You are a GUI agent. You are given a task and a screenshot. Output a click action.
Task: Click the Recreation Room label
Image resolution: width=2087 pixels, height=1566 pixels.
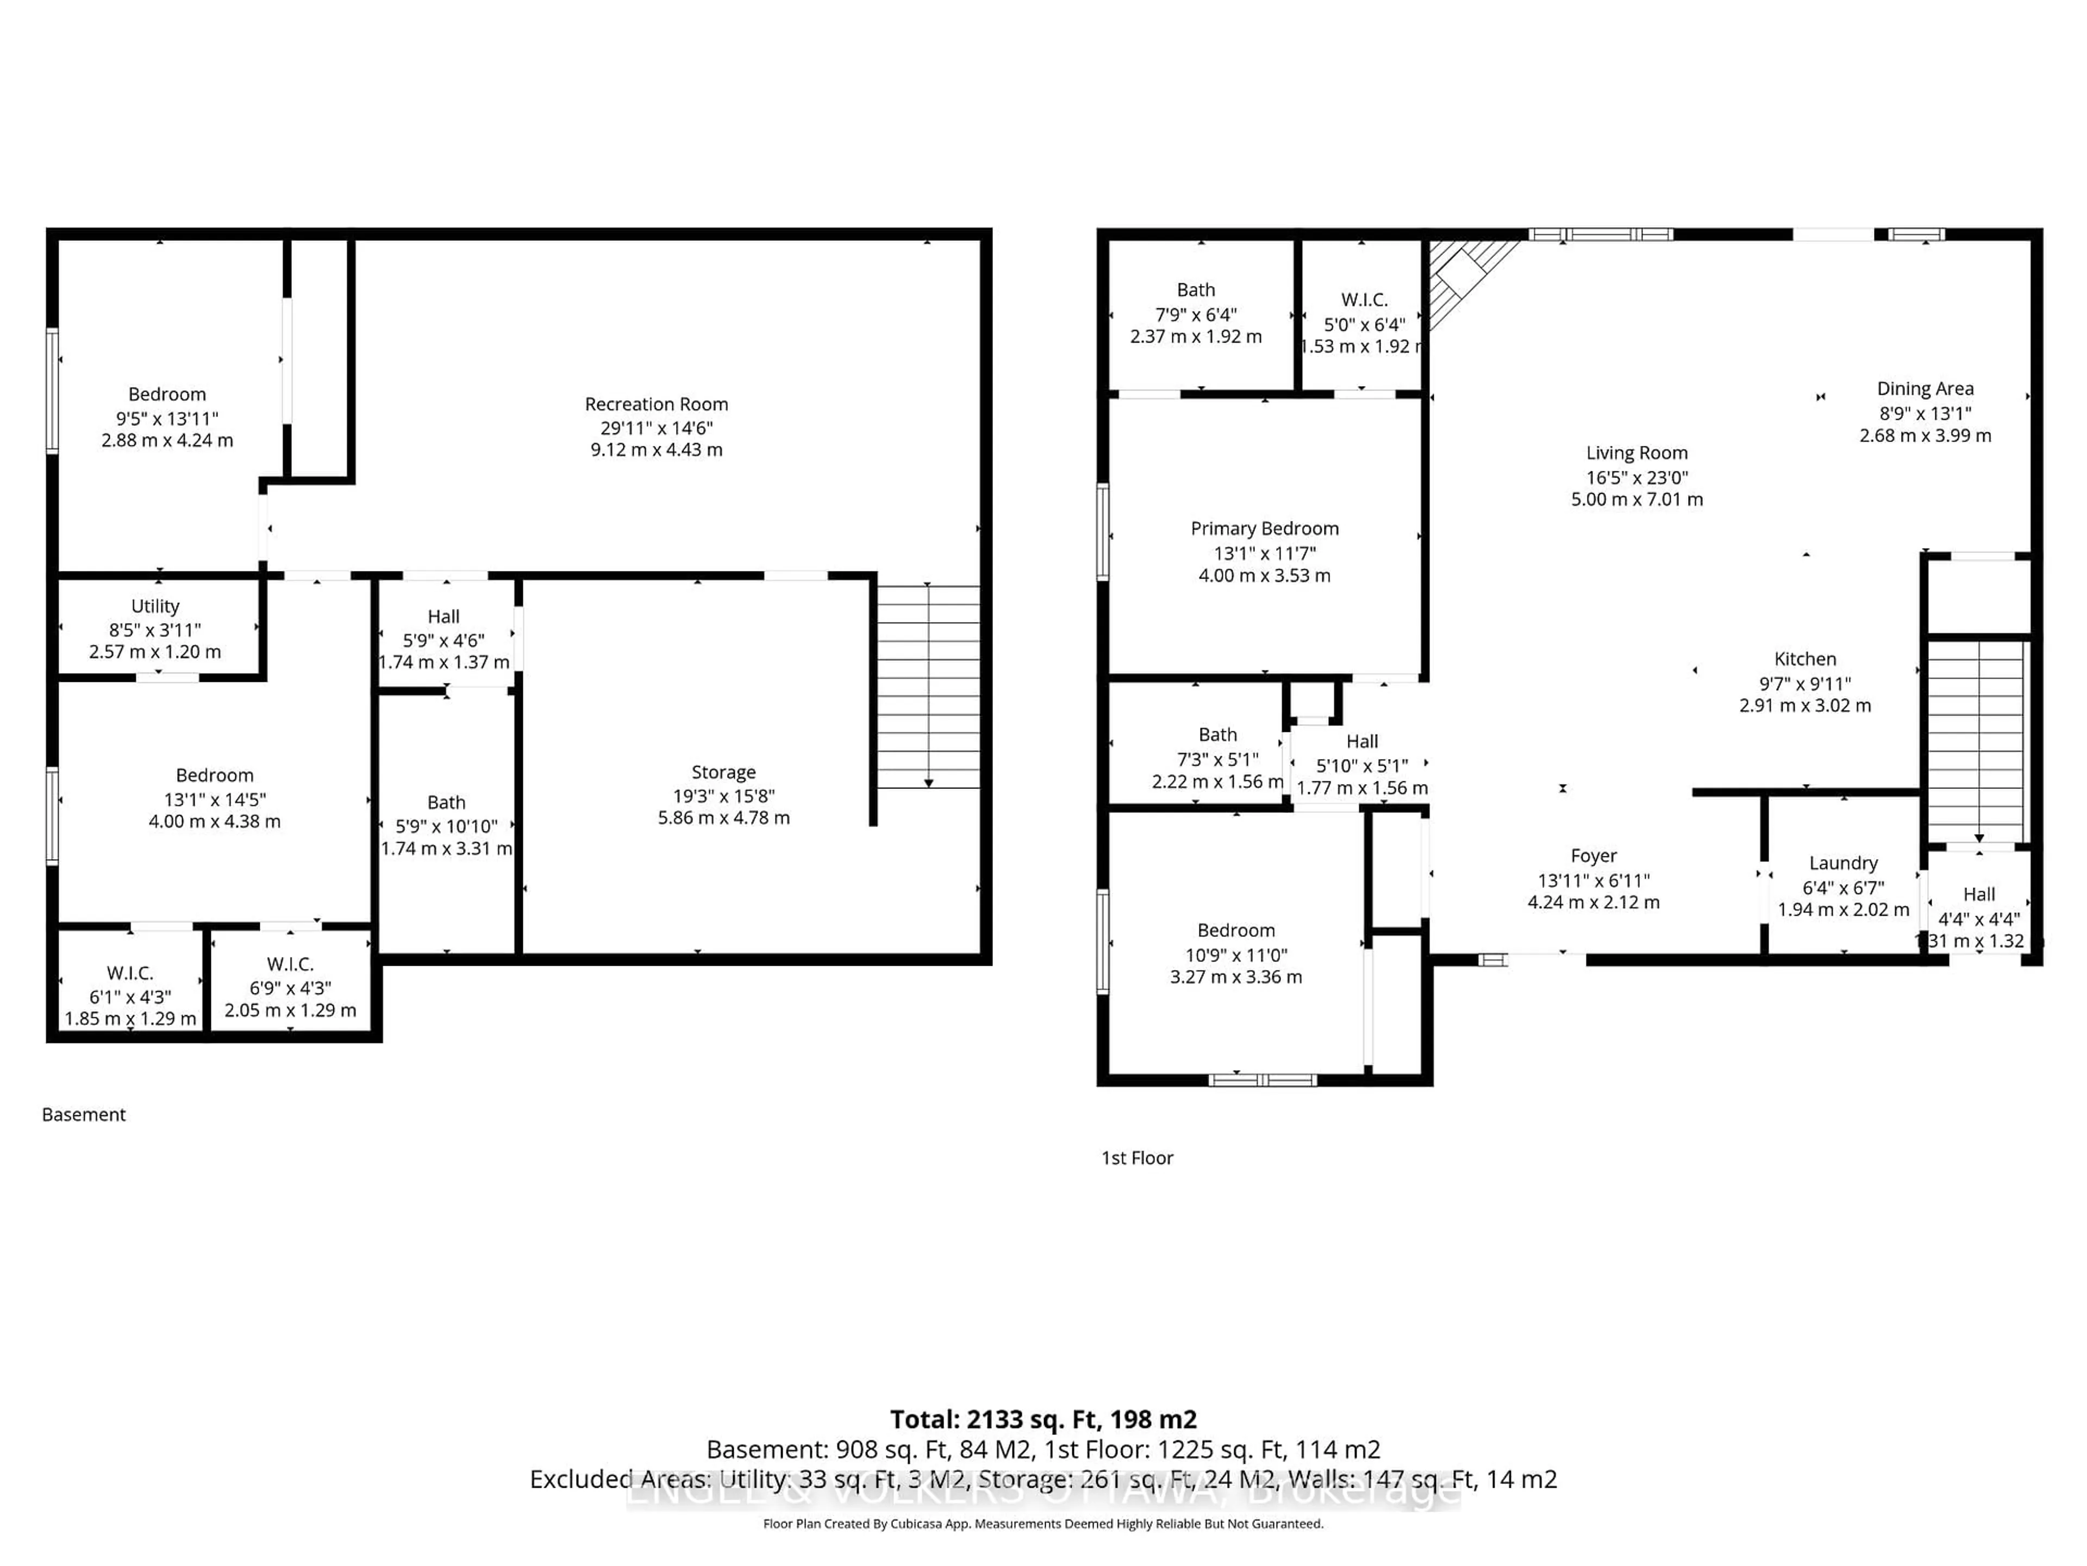pyautogui.click(x=656, y=404)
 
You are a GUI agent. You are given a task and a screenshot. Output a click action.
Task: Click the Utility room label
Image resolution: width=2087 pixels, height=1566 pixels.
pyautogui.click(x=155, y=606)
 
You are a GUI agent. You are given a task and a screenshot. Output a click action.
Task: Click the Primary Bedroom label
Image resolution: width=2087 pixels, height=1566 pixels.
pyautogui.click(x=1264, y=529)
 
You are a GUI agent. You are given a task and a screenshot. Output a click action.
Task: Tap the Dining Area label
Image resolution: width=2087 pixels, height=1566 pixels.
pyautogui.click(x=1924, y=389)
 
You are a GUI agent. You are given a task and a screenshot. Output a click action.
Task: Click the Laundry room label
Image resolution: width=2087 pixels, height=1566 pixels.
pyautogui.click(x=1842, y=863)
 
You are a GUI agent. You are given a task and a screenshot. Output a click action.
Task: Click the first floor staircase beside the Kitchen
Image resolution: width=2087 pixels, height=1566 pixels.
pyautogui.click(x=1974, y=741)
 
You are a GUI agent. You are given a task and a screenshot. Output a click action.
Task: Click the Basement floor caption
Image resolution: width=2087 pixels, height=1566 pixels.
pyautogui.click(x=84, y=1115)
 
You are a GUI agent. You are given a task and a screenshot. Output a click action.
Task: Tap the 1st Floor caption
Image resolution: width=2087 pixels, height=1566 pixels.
pyautogui.click(x=1137, y=1158)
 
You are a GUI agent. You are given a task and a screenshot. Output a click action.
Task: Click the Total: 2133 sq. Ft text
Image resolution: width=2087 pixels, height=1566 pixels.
pyautogui.click(x=1042, y=1420)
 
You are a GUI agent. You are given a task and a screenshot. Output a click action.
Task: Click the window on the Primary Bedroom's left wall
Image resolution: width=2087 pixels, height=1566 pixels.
pyautogui.click(x=1102, y=531)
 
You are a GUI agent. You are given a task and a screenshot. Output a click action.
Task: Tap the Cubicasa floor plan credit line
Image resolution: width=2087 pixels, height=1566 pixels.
pyautogui.click(x=1042, y=1524)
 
